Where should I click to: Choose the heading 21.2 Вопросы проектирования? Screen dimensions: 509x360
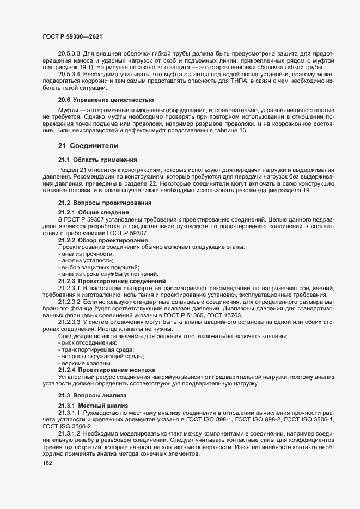point(105,203)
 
